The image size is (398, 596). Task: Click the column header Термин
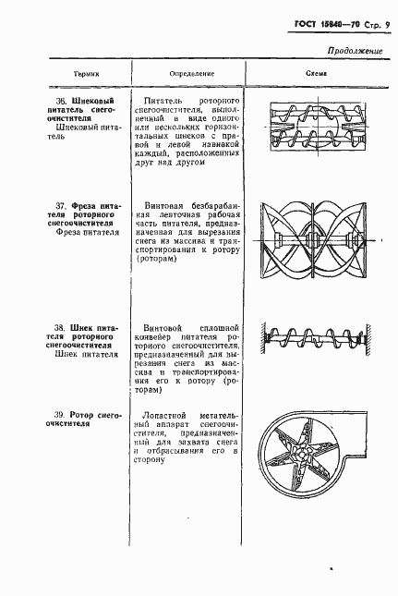[x=87, y=73]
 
